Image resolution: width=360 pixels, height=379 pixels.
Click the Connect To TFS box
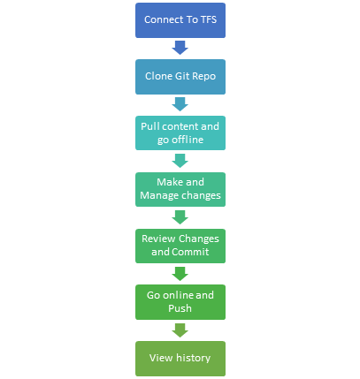tap(180, 20)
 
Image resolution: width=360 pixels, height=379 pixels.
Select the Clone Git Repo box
tap(180, 77)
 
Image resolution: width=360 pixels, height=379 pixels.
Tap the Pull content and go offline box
tap(180, 133)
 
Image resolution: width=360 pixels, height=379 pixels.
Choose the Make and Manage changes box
tap(180, 189)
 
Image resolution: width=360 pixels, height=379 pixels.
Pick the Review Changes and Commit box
tap(180, 246)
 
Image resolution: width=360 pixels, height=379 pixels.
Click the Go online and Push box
tap(180, 302)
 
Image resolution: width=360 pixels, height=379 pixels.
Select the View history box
tap(180, 359)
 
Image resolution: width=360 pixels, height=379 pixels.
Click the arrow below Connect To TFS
tap(180, 48)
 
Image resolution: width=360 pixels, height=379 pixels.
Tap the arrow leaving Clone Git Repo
tap(180, 104)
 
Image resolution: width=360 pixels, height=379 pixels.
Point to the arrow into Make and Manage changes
tap(180, 161)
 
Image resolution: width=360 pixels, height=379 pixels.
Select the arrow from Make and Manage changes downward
tap(180, 217)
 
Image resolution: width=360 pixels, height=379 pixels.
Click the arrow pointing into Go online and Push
tap(180, 274)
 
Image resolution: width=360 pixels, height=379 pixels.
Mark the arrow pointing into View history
tap(180, 330)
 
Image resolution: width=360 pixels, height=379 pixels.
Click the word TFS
tap(209, 19)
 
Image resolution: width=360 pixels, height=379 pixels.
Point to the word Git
tap(182, 76)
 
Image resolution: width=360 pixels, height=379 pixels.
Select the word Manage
tap(159, 196)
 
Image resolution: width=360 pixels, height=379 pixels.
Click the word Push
tap(180, 308)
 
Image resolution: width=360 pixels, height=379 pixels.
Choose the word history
tap(193, 358)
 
